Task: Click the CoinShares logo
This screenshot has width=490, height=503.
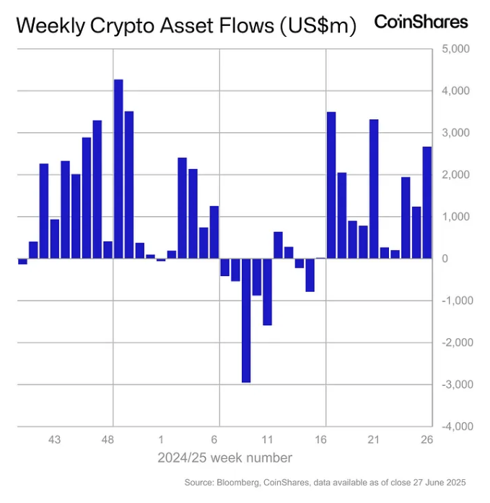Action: coord(421,22)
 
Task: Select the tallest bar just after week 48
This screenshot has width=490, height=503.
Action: coord(118,168)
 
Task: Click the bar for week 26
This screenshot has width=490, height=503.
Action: coord(427,202)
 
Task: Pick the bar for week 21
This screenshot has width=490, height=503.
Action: coord(374,189)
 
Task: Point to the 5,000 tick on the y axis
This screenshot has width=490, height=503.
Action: coord(455,49)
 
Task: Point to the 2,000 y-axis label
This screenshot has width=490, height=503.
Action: coord(455,175)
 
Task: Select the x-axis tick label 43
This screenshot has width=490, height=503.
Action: coord(54,439)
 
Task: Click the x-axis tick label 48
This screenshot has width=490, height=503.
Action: coord(108,439)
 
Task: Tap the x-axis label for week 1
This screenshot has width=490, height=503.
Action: coord(161,439)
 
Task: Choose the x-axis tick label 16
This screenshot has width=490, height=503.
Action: coord(320,439)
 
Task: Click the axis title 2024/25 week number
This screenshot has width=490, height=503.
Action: coord(224,458)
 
